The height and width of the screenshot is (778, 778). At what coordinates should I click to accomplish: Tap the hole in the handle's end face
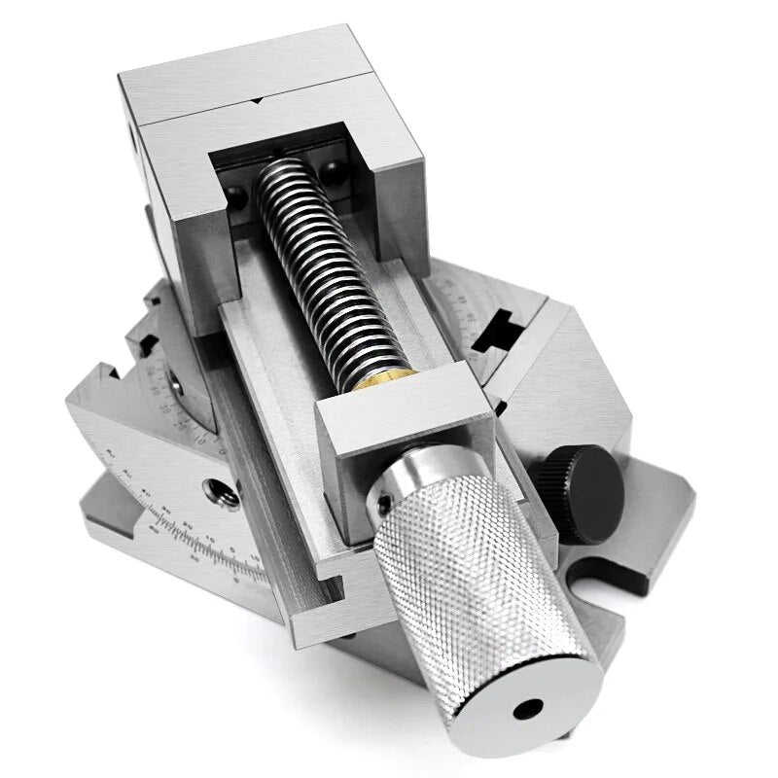tap(529, 707)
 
